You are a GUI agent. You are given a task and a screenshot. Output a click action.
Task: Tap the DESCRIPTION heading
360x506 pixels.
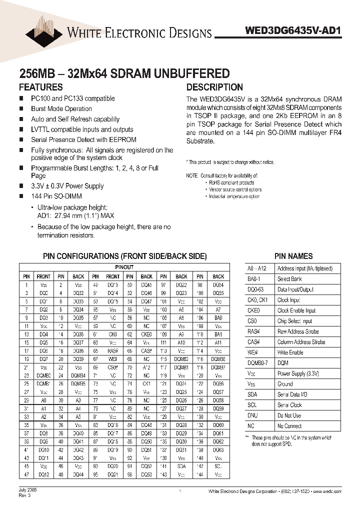coord(214,87)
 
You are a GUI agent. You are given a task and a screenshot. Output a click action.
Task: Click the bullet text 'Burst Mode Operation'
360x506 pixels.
coord(61,108)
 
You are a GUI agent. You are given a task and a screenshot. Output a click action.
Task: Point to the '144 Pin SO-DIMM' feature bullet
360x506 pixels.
coord(56,196)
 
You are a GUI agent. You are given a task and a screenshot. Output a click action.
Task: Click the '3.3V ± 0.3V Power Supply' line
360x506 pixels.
coord(67,186)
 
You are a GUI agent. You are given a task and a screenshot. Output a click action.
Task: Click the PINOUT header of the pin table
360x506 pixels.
coord(124,267)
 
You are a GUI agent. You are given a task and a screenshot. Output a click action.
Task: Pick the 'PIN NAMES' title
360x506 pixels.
coord(293,256)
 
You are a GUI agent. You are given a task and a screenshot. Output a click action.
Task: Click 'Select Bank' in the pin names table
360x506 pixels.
coord(290,279)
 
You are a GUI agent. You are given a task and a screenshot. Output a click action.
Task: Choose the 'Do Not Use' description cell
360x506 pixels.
coord(289,415)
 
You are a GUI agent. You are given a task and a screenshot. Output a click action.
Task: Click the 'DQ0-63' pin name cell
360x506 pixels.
coord(256,289)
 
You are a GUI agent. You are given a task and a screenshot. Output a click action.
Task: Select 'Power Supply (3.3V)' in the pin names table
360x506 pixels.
coord(299,373)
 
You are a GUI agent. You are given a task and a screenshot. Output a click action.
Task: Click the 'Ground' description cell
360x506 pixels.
coord(285,384)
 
